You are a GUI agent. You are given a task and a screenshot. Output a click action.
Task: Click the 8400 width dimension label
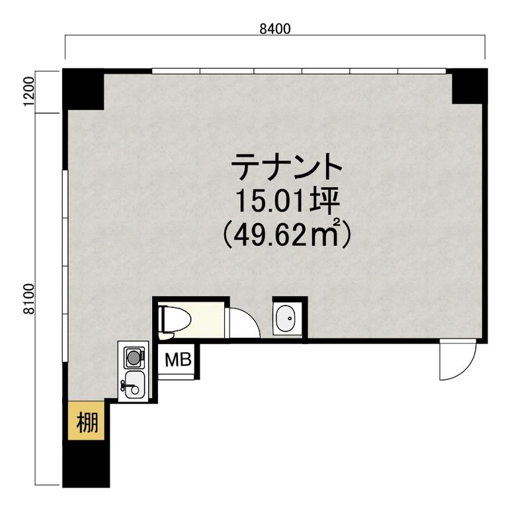coord(275,29)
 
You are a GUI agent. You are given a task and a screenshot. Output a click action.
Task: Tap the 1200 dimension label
coord(29,91)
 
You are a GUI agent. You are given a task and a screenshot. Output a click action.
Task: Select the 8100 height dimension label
coord(29,299)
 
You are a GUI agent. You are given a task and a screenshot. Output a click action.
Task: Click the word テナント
coord(286,167)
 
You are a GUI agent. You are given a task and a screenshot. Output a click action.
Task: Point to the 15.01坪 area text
coord(287,202)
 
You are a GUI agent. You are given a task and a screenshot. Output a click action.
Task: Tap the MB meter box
coord(178,360)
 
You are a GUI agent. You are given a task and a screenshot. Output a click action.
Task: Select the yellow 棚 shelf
coord(86,421)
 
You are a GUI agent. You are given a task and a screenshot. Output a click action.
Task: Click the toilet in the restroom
coord(175,319)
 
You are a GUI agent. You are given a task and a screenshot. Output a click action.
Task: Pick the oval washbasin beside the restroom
coord(286,318)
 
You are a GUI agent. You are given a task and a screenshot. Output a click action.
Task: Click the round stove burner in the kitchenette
coord(134,358)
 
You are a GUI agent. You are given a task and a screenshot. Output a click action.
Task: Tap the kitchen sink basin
coord(134,385)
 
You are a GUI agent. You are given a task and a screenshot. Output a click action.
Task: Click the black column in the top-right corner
coord(470,85)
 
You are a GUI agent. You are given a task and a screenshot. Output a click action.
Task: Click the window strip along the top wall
coord(299,71)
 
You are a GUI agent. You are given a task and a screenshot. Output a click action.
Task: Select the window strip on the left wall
coord(65,266)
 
